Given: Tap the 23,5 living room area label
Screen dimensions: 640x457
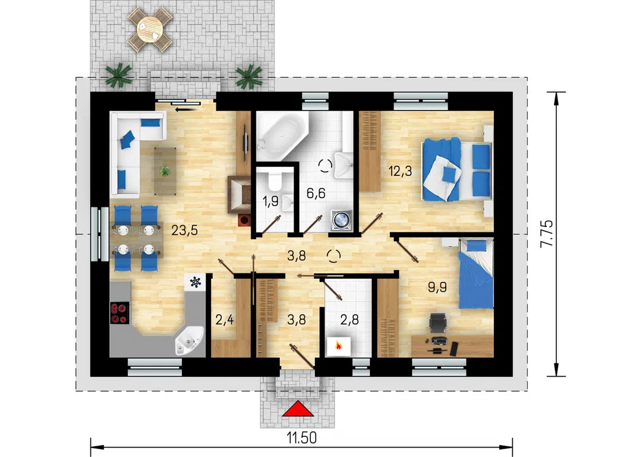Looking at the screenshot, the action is pyautogui.click(x=184, y=231).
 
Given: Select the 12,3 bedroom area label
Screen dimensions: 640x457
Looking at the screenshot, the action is pyautogui.click(x=400, y=171).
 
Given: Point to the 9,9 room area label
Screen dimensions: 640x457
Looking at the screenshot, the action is pyautogui.click(x=437, y=287).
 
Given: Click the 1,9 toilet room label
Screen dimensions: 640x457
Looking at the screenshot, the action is pyautogui.click(x=270, y=201).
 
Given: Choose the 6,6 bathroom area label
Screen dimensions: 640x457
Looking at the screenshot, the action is pyautogui.click(x=316, y=193).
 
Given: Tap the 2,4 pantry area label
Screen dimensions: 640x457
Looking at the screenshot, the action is pyautogui.click(x=225, y=320).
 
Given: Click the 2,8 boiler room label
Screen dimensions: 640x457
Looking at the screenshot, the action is pyautogui.click(x=349, y=320).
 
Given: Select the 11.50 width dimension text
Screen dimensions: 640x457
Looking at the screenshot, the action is pyautogui.click(x=302, y=438).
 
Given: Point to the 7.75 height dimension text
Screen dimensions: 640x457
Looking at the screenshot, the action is pyautogui.click(x=547, y=234).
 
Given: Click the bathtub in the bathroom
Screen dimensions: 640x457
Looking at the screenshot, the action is pyautogui.click(x=282, y=136).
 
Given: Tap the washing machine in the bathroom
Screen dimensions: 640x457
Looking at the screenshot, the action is pyautogui.click(x=341, y=219).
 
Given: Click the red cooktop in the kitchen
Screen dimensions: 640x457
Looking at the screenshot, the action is pyautogui.click(x=119, y=313).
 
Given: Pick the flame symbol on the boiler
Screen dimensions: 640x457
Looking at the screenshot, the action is pyautogui.click(x=338, y=346).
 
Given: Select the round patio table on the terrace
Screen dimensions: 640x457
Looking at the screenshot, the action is pyautogui.click(x=150, y=29).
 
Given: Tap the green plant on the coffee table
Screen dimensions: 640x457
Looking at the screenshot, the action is pyautogui.click(x=165, y=171).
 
